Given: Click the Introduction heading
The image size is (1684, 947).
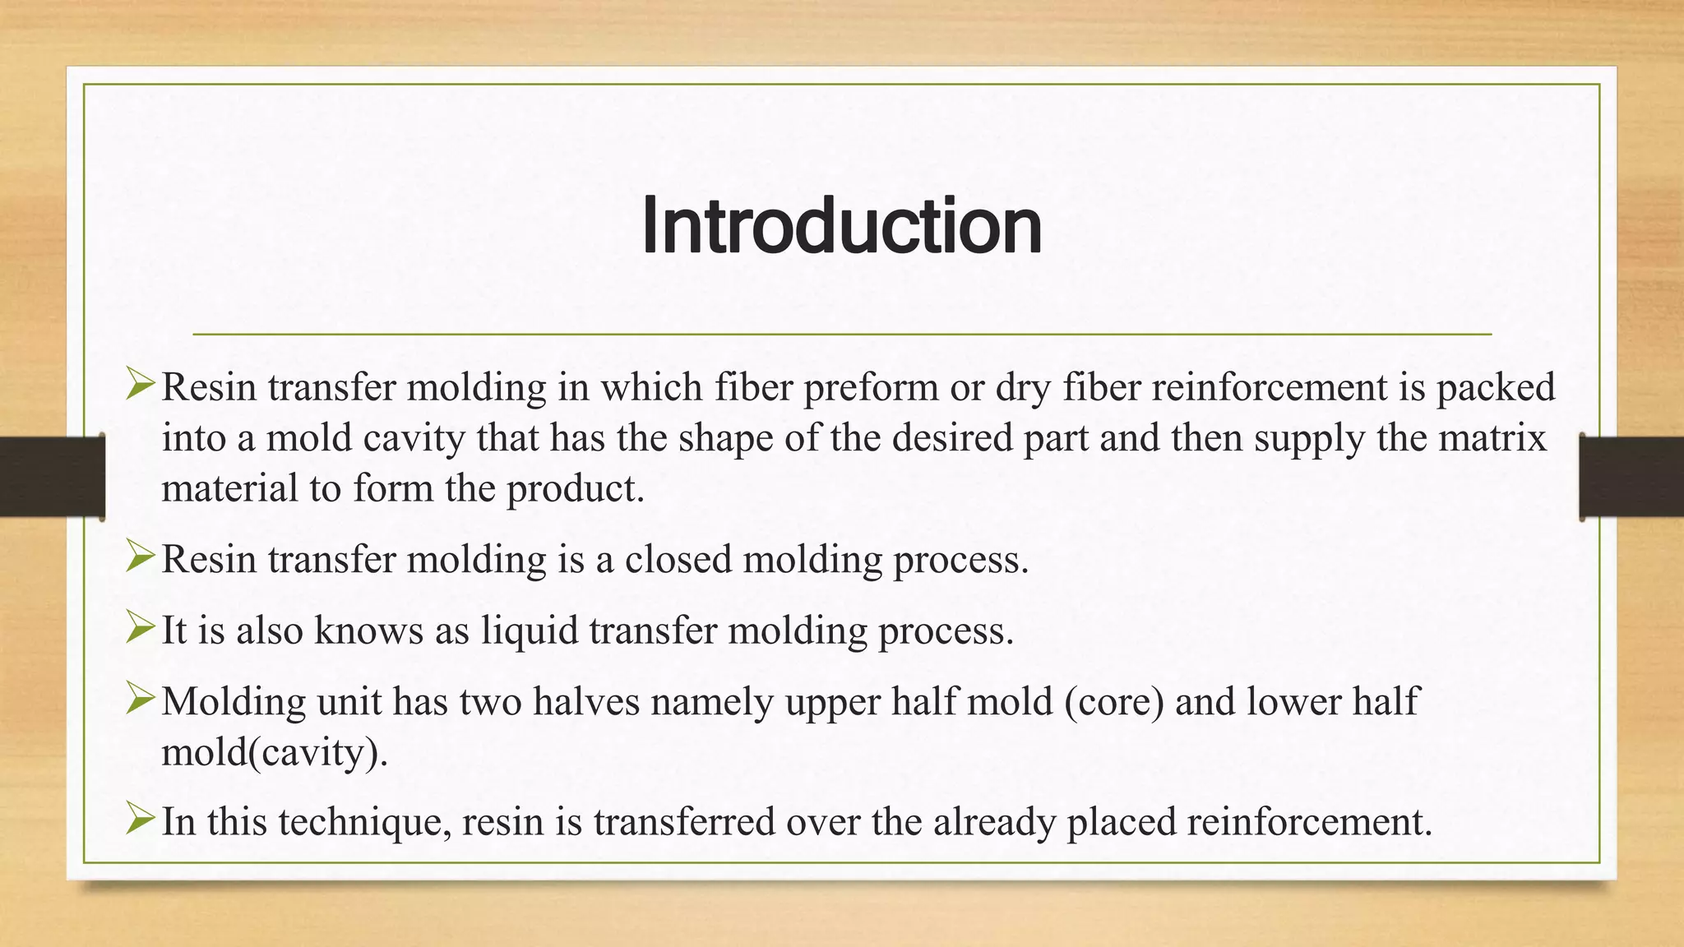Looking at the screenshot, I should (x=841, y=226).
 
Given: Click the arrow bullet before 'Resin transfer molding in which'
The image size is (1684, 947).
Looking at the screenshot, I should (x=141, y=385).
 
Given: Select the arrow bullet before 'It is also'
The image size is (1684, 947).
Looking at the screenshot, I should (x=141, y=629).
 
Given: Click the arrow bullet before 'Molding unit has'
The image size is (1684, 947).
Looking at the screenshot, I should (x=141, y=700).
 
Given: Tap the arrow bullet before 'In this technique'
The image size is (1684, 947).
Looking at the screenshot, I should (x=141, y=820).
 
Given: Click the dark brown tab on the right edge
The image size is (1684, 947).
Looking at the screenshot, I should (x=1631, y=477).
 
